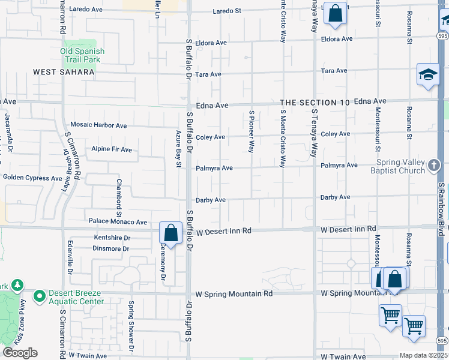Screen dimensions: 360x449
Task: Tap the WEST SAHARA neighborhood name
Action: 64,72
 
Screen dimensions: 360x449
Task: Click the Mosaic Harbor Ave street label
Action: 98,125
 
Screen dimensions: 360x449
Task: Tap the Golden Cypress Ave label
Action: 32,178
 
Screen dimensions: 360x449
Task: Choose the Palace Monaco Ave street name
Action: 118,222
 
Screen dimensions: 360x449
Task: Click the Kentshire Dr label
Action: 112,238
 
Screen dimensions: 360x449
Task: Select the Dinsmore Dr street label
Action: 111,248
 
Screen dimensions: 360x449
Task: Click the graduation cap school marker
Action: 428,75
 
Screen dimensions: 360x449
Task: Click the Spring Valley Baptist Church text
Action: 400,166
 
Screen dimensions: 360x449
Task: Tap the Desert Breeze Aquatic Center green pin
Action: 40,296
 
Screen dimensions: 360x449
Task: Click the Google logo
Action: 20,353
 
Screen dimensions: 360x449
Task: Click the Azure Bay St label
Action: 178,149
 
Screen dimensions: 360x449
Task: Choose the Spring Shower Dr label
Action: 131,325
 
